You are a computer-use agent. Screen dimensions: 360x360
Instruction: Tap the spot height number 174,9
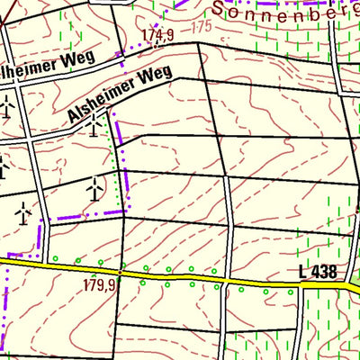[157, 35]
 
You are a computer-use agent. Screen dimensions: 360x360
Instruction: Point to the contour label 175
[202, 28]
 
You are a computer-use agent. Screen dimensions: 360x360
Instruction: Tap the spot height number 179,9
[100, 285]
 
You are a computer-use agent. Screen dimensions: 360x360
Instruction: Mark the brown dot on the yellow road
[121, 272]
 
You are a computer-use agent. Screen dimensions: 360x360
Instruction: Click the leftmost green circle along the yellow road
[54, 260]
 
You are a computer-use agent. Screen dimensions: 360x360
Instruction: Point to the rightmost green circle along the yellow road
[290, 291]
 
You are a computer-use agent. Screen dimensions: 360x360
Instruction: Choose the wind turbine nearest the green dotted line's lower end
[93, 188]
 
